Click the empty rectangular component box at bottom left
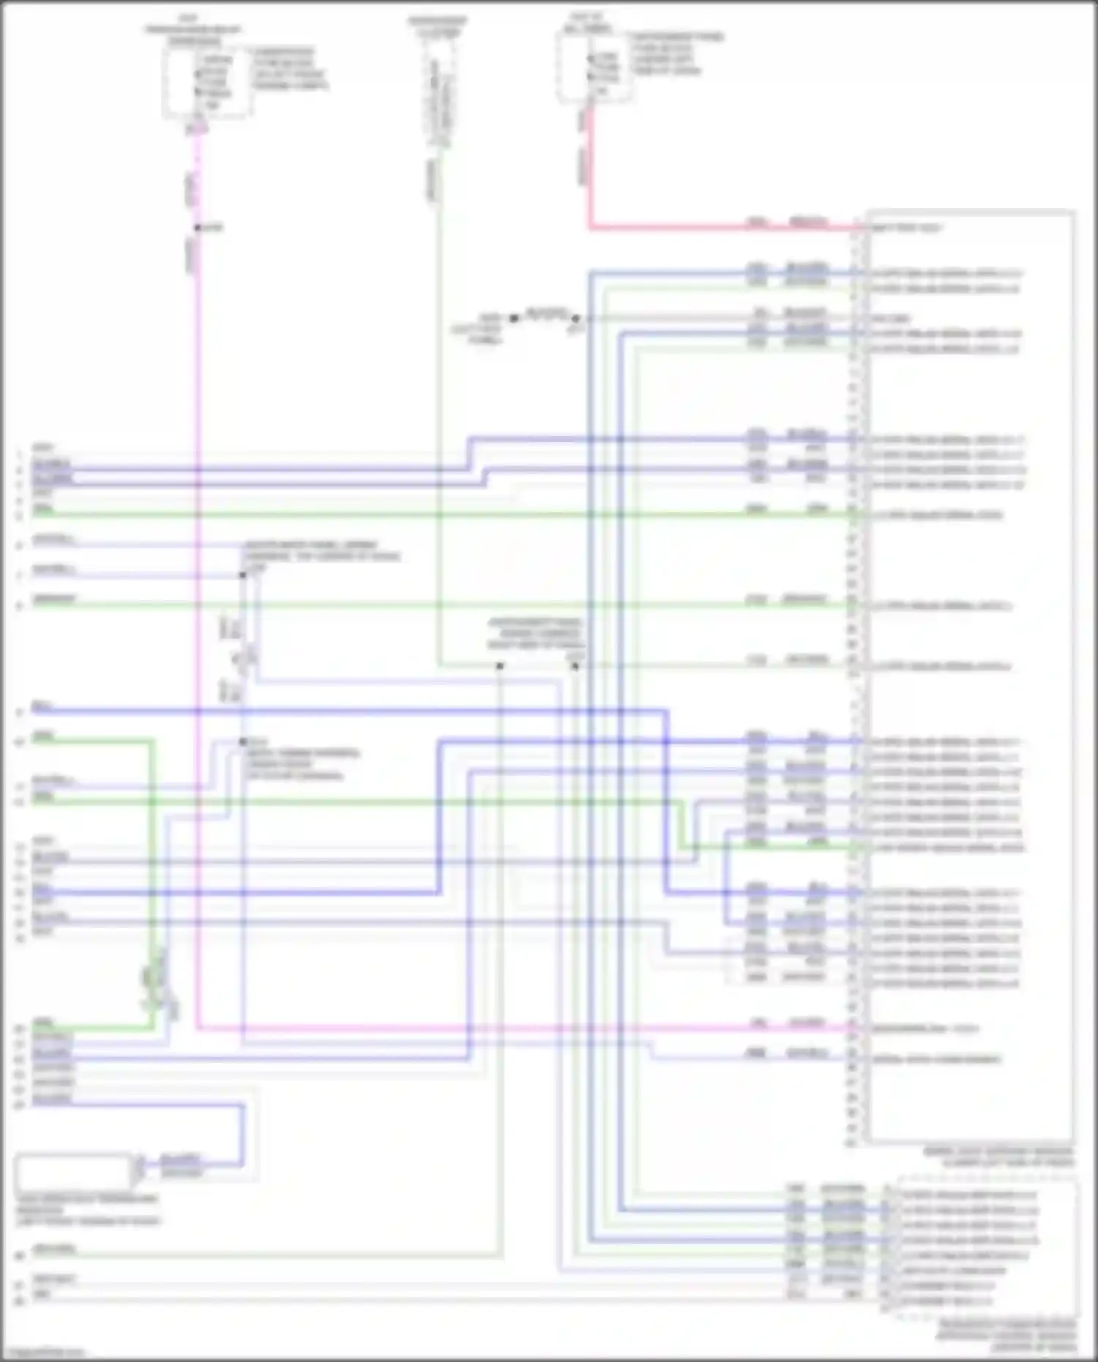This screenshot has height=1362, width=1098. click(73, 1172)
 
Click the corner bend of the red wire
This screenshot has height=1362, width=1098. click(590, 228)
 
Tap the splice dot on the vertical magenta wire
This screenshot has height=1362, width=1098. click(198, 228)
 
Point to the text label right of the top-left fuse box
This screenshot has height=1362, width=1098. click(288, 69)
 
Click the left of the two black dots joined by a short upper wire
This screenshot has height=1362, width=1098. click(514, 318)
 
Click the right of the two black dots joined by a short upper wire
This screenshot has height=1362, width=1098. click(575, 318)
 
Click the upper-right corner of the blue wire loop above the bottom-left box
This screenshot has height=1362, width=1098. click(242, 1106)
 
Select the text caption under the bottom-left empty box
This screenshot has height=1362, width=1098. click(87, 1211)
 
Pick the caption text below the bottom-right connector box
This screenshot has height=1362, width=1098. click(1006, 1336)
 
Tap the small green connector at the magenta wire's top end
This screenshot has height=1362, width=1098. click(196, 129)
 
